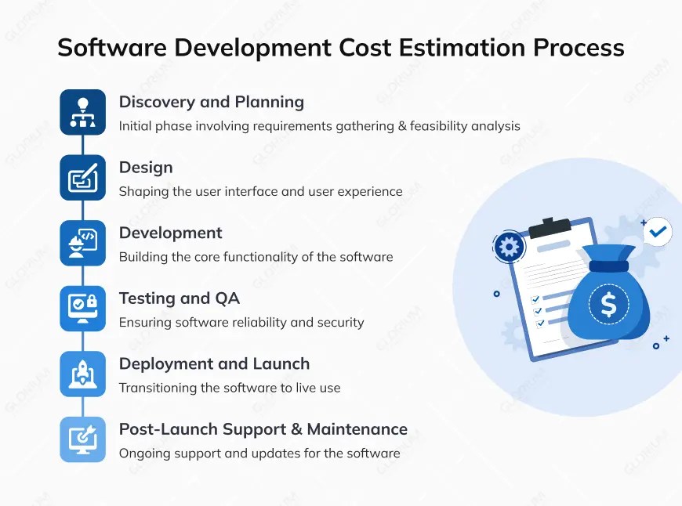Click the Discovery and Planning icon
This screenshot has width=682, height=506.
[82, 112]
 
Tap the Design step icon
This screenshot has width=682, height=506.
[82, 178]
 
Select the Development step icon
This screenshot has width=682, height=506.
[82, 243]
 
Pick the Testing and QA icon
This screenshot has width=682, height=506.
[82, 309]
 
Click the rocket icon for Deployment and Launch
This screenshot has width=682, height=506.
[82, 374]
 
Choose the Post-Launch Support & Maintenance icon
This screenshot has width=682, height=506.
[82, 439]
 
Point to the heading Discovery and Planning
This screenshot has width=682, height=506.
[211, 102]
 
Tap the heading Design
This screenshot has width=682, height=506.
[146, 168]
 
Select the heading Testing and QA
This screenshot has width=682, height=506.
[179, 298]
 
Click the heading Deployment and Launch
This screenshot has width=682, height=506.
[214, 364]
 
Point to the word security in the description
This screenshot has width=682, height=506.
[338, 322]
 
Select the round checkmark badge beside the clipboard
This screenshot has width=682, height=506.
[657, 232]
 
